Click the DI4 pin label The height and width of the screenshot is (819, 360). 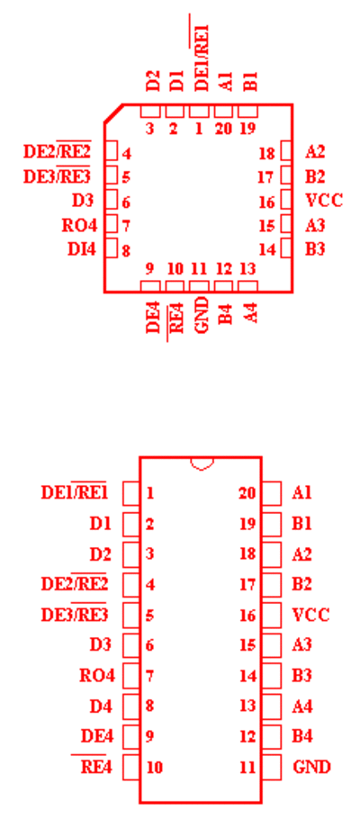click(82, 249)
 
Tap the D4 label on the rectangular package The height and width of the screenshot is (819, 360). click(101, 706)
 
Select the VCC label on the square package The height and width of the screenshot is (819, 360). click(324, 200)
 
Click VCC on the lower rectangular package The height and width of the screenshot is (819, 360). click(310, 615)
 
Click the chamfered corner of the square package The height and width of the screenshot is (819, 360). click(113, 114)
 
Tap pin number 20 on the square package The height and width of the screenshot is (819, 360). click(223, 129)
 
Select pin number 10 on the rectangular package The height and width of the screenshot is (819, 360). click(155, 768)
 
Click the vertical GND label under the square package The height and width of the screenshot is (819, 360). click(202, 314)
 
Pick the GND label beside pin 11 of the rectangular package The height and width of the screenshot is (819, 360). click(312, 767)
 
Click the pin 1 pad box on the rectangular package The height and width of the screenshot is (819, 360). click(130, 492)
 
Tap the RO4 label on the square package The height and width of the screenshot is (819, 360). click(79, 226)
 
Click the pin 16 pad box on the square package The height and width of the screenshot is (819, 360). click(286, 200)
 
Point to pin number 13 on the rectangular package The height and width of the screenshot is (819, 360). click(247, 706)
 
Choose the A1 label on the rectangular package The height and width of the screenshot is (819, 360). click(302, 492)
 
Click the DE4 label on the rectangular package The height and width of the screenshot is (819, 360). click(97, 736)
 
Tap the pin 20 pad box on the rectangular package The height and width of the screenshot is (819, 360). click(271, 492)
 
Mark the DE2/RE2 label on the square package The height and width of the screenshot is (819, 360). click(57, 151)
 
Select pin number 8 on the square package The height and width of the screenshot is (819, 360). click(126, 251)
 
